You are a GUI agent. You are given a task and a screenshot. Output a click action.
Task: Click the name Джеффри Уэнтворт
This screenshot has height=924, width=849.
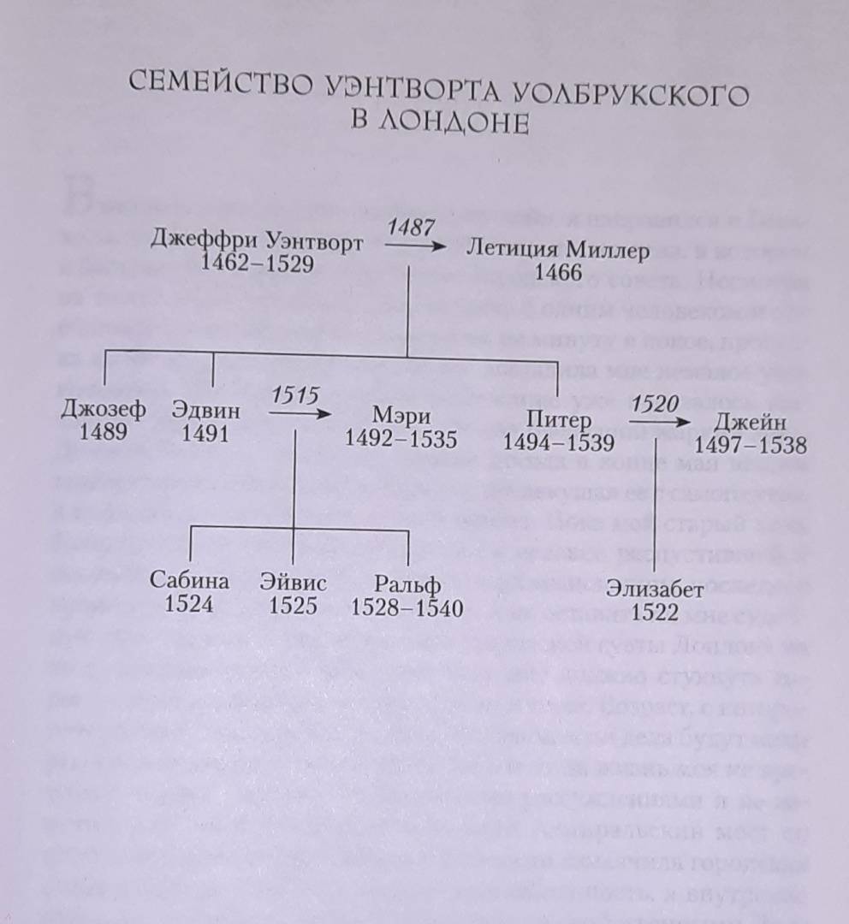coord(257,241)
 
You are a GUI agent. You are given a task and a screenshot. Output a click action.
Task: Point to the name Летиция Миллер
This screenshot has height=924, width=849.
coord(558,251)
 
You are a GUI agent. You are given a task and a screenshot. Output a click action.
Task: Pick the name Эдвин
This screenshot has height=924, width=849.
coord(205,412)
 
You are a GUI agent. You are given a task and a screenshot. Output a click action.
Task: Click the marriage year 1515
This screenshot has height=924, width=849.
coord(295,396)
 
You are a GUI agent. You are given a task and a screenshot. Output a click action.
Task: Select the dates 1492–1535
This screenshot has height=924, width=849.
coord(401,439)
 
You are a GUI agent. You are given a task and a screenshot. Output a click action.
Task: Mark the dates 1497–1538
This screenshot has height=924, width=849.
coord(751,445)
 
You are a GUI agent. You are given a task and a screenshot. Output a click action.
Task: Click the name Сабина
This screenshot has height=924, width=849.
coord(189,582)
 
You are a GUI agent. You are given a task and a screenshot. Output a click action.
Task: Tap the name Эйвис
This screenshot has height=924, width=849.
coord(294,583)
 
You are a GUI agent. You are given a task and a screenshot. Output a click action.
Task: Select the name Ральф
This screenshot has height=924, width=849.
coord(407,585)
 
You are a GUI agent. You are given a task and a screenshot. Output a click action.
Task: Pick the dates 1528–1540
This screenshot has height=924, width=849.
coord(407,608)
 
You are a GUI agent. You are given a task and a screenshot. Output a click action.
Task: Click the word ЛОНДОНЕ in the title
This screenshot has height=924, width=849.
coord(439,123)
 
